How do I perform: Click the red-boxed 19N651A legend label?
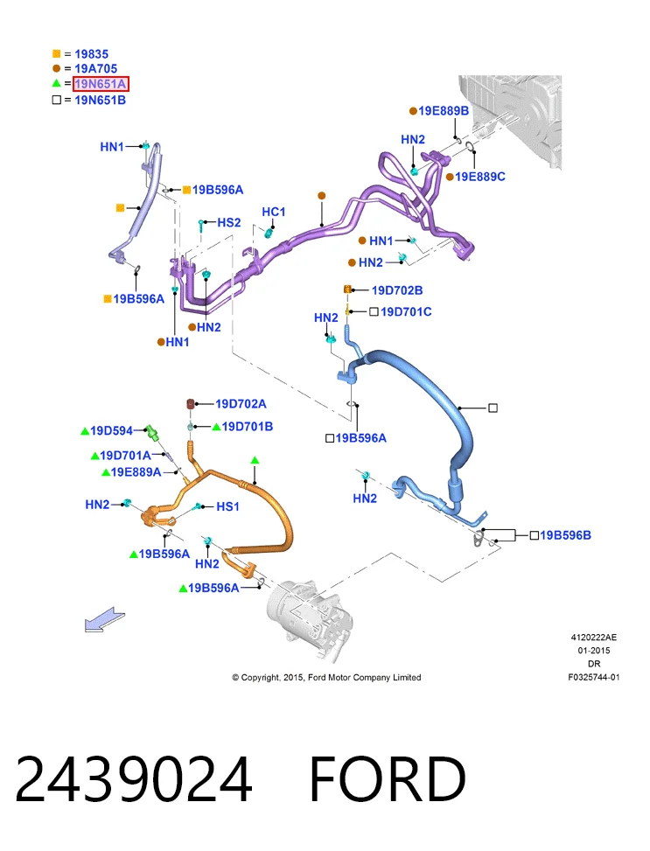click(101, 84)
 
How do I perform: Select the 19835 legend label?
click(91, 54)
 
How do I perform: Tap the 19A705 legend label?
click(95, 68)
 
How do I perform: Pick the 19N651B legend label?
click(100, 100)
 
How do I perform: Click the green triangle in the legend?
click(57, 83)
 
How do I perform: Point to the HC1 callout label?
click(273, 212)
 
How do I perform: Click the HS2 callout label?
click(228, 222)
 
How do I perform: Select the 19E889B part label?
click(444, 111)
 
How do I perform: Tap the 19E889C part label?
click(480, 177)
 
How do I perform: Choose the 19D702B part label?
click(397, 290)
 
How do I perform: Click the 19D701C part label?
click(406, 311)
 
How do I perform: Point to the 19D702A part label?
click(241, 404)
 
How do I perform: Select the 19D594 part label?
click(111, 431)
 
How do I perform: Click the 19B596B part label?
click(565, 535)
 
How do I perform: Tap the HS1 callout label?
click(227, 506)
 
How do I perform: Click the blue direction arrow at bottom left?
click(104, 619)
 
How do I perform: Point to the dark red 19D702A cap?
click(191, 404)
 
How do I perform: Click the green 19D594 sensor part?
click(152, 433)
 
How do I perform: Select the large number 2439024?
click(134, 778)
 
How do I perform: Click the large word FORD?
click(388, 778)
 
